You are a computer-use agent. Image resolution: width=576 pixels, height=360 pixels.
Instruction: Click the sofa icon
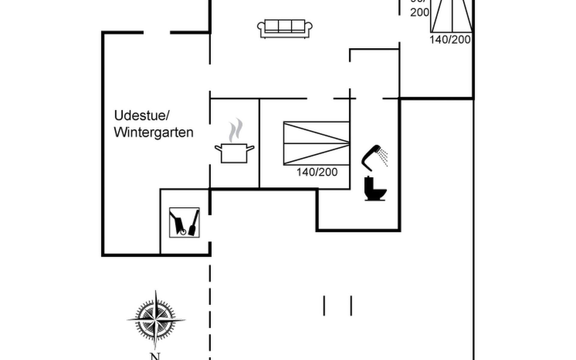284,29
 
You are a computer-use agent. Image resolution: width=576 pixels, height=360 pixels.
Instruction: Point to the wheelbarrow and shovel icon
184,223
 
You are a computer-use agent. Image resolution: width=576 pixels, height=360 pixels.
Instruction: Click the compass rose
155,320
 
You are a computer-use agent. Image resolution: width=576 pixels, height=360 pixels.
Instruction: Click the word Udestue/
142,115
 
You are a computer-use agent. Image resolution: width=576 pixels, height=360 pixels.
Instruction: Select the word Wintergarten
153,132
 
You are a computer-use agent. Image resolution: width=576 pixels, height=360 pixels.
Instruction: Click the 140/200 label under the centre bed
317,172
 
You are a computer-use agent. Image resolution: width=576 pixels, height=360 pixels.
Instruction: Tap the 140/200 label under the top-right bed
450,40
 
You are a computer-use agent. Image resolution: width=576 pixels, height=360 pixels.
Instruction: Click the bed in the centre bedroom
316,143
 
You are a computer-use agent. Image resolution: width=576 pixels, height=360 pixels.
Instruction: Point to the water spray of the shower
383,156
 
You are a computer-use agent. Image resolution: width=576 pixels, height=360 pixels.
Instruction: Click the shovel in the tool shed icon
194,223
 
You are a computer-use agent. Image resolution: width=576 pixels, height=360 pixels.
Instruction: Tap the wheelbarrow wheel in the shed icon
183,232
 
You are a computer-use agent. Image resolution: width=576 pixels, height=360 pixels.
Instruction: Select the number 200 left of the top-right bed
419,12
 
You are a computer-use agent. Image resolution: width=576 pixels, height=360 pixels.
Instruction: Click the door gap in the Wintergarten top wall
157,32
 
